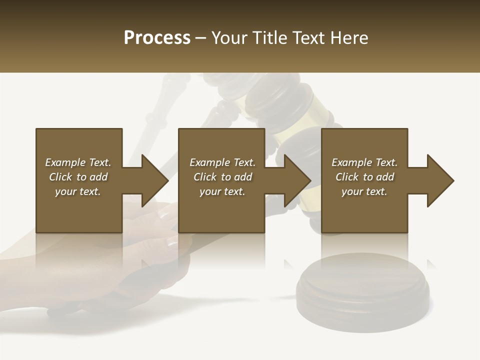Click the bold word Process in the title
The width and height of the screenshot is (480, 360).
pos(157,38)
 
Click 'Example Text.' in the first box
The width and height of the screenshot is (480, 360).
pos(78,162)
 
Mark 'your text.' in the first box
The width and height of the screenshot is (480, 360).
pos(78,191)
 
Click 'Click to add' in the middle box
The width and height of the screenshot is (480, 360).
pos(222,177)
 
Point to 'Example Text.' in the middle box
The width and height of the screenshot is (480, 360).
pos(222,162)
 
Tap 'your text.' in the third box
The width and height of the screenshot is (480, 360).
pos(364,191)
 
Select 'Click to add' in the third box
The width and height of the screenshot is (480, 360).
pos(364,177)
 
